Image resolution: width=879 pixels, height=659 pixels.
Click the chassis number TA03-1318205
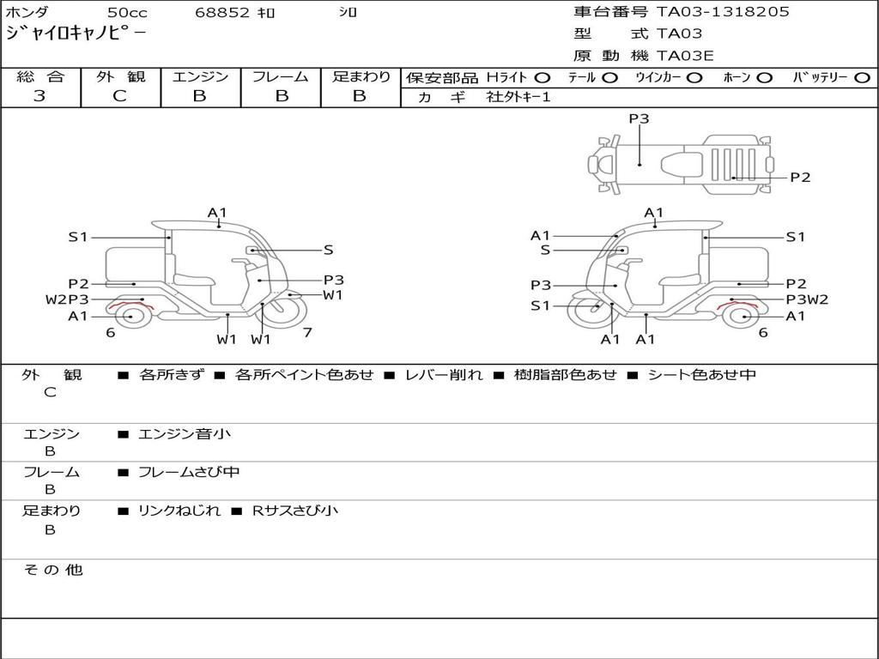click(x=723, y=12)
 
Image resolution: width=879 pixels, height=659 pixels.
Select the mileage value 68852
click(x=222, y=13)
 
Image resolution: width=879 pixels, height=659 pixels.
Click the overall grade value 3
click(x=39, y=96)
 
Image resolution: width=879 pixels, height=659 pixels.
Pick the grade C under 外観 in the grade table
click(x=119, y=96)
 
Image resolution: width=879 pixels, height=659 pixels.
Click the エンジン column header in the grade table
click(x=200, y=77)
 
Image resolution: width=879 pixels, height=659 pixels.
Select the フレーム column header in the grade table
click(x=280, y=77)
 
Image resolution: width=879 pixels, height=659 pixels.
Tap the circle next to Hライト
click(x=543, y=78)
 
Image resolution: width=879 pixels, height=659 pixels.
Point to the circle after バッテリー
click(x=863, y=78)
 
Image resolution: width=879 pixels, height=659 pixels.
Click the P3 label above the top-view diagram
click(x=639, y=119)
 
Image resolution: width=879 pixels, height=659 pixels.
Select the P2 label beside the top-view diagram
click(x=800, y=178)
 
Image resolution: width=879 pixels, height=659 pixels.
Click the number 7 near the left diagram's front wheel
click(x=306, y=332)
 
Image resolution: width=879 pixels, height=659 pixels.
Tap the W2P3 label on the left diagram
click(x=67, y=299)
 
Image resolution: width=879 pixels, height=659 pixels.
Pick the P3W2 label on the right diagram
click(x=807, y=299)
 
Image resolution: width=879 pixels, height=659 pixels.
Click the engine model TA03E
click(x=685, y=57)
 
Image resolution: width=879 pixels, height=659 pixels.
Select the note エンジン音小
click(x=185, y=434)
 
